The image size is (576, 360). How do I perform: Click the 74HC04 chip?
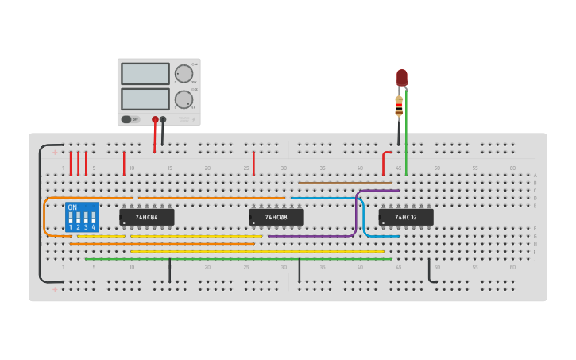click(147, 217)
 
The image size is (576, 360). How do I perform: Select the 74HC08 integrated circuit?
click(276, 217)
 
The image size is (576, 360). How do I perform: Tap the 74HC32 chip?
click(406, 217)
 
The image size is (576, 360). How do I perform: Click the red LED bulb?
click(402, 77)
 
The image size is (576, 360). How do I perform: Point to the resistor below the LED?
click(399, 105)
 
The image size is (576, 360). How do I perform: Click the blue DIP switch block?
click(82, 216)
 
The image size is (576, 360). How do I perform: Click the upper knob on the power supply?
click(184, 74)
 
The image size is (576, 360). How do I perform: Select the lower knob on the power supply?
click(184, 99)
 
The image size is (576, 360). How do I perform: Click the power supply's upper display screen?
click(145, 74)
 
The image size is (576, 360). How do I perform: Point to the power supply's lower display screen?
click(145, 99)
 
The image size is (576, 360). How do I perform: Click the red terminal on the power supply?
click(155, 120)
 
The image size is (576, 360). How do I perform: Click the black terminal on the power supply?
click(163, 120)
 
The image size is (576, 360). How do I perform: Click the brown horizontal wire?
click(346, 183)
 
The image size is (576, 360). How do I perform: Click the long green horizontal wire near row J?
click(238, 259)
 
